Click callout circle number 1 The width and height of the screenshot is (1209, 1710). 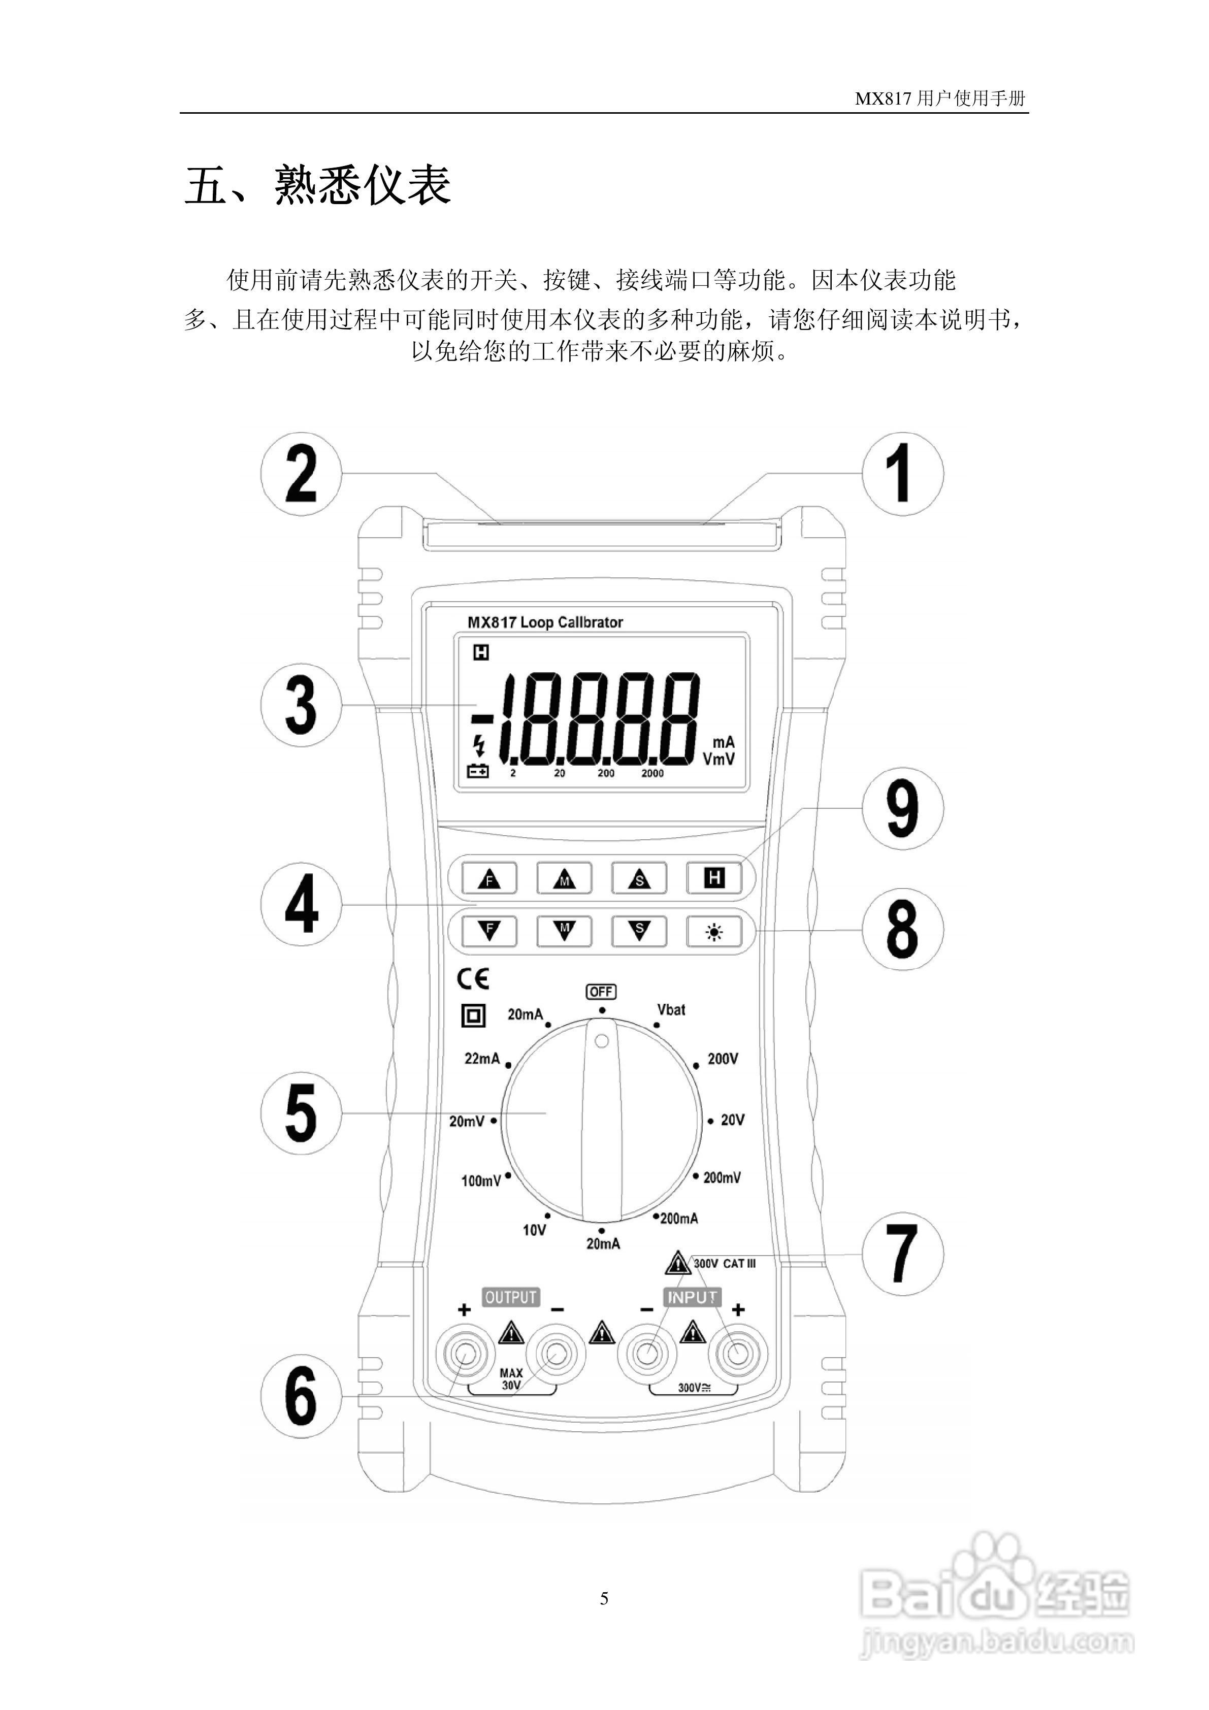click(902, 473)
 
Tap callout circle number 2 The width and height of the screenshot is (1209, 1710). click(301, 473)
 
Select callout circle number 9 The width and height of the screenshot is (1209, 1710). click(902, 809)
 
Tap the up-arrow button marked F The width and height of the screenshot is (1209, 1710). click(488, 879)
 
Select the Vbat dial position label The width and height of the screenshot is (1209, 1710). click(670, 1010)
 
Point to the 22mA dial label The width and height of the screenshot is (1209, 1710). click(482, 1058)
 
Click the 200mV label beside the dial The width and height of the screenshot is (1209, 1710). click(722, 1177)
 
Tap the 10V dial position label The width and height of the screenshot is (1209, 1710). click(534, 1230)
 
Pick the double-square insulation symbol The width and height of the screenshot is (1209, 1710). click(473, 1016)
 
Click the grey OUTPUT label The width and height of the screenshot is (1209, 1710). click(510, 1297)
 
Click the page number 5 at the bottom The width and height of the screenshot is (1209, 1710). click(604, 1598)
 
